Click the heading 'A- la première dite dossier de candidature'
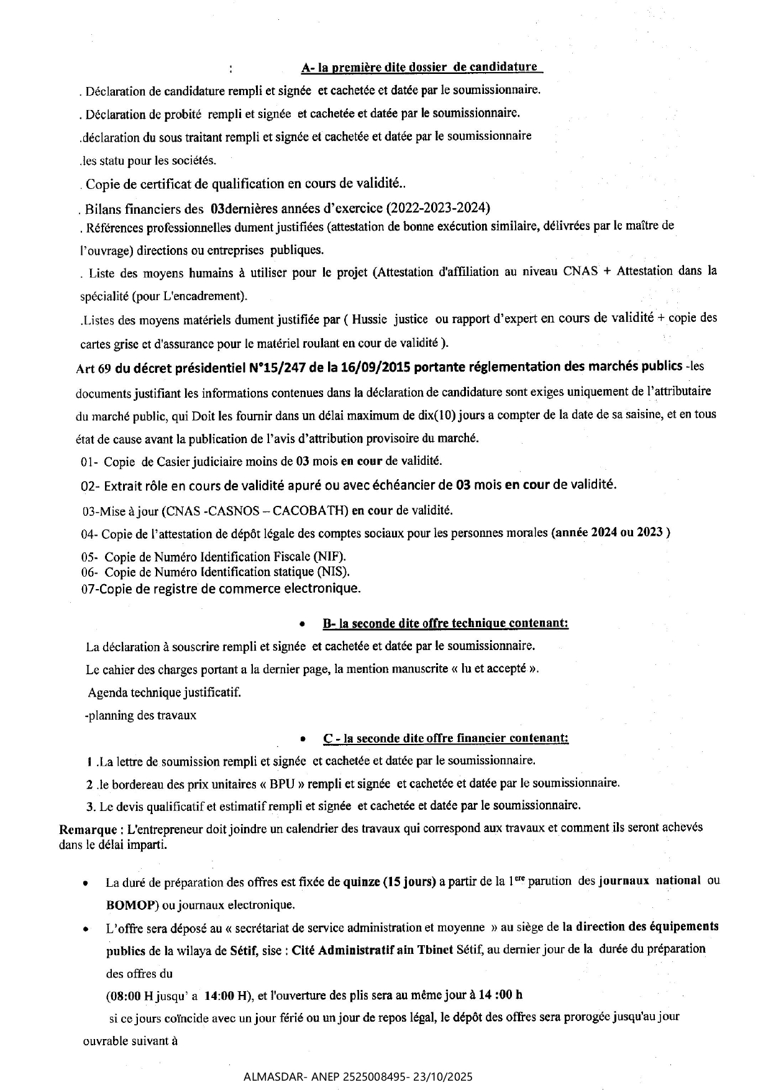pyautogui.click(x=419, y=67)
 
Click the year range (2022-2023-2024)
pyautogui.click(x=439, y=207)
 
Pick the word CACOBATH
pyautogui.click(x=310, y=511)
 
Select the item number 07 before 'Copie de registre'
pyautogui.click(x=88, y=588)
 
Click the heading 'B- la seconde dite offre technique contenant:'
pyautogui.click(x=445, y=623)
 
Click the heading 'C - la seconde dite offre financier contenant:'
pyautogui.click(x=445, y=738)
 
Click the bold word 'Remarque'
pyautogui.click(x=88, y=829)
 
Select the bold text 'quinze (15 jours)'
pyautogui.click(x=390, y=881)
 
